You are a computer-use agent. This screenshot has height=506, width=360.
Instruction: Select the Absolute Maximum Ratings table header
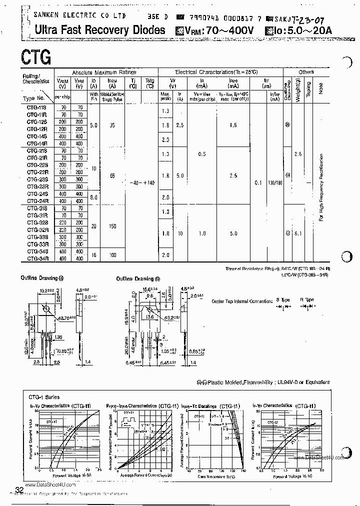coord(104,72)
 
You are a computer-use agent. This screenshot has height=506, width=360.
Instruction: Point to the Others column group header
coord(306,72)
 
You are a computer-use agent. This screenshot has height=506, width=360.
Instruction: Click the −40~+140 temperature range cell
coord(142,183)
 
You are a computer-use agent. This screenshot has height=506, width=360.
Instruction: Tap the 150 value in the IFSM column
coord(112,226)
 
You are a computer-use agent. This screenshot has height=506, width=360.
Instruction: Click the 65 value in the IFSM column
coord(112,176)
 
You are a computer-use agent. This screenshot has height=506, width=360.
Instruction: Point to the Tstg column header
coord(149,82)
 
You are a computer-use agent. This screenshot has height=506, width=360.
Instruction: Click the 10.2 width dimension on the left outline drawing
coord(45,289)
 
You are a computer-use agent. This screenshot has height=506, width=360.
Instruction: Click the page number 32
coord(19,489)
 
